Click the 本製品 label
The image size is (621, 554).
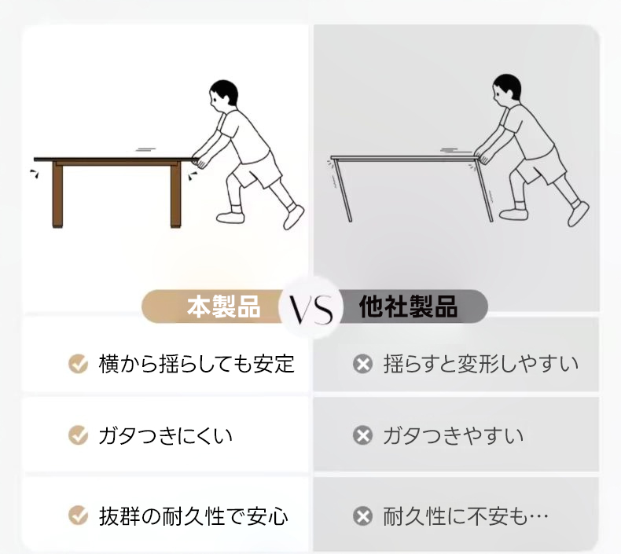point(224,306)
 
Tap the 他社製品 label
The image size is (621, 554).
point(408,306)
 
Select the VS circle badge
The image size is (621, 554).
point(311,308)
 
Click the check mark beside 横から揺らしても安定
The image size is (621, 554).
point(79,364)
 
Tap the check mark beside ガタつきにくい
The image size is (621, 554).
point(79,435)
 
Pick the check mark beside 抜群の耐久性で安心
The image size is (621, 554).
point(79,515)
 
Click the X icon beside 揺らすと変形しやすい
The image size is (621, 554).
point(363,364)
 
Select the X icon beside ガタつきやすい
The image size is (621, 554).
point(363,435)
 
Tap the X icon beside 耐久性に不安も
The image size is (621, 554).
point(363,516)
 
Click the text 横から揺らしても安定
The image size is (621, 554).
point(197,364)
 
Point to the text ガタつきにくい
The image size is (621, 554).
point(165,435)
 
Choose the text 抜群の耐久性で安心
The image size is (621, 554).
point(193,516)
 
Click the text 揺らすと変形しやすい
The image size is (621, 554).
point(481,364)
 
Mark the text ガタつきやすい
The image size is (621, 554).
point(453,435)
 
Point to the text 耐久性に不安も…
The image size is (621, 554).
point(465,516)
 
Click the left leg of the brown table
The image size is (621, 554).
point(57,195)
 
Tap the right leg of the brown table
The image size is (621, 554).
point(175,195)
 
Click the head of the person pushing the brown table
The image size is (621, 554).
point(223,94)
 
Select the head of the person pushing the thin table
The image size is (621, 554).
point(506,89)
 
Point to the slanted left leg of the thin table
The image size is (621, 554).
point(343,190)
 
